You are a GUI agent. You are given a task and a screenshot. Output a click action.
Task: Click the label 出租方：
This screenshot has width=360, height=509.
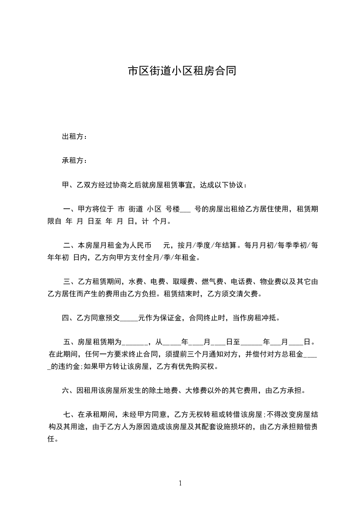tap(74, 137)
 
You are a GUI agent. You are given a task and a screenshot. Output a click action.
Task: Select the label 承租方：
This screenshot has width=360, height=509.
tap(74, 161)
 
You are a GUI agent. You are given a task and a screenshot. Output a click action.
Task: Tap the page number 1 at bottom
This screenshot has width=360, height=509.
tap(180, 483)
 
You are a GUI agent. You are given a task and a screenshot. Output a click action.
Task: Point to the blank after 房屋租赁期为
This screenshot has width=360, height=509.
tap(133, 343)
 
